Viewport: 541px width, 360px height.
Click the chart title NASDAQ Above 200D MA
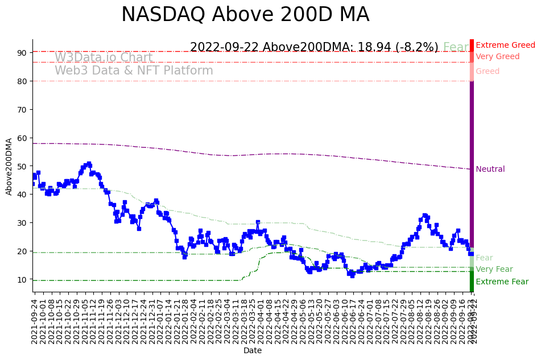[x=245, y=15]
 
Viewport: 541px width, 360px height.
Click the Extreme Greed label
[x=505, y=45]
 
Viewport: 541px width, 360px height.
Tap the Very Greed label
[x=497, y=56]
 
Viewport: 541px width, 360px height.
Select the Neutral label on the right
[x=490, y=169]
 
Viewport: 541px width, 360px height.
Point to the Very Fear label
[x=494, y=269]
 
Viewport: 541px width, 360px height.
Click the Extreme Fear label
[x=502, y=282]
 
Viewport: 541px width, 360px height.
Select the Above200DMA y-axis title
[x=9, y=166]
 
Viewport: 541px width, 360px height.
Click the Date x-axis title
[x=253, y=351]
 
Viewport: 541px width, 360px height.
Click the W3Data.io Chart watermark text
[x=104, y=57]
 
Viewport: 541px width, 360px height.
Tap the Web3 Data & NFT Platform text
[x=134, y=71]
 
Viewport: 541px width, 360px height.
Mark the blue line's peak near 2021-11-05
[x=89, y=164]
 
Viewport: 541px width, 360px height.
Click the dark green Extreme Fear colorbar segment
[x=472, y=282]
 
